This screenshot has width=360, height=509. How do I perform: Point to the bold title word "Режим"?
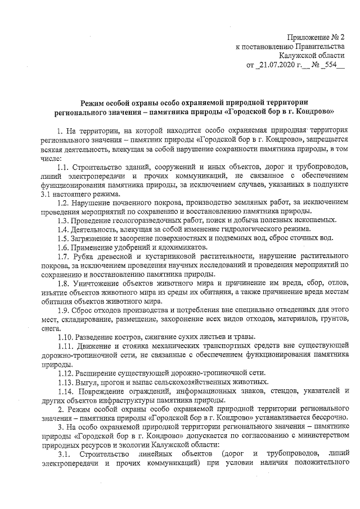[93, 102]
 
